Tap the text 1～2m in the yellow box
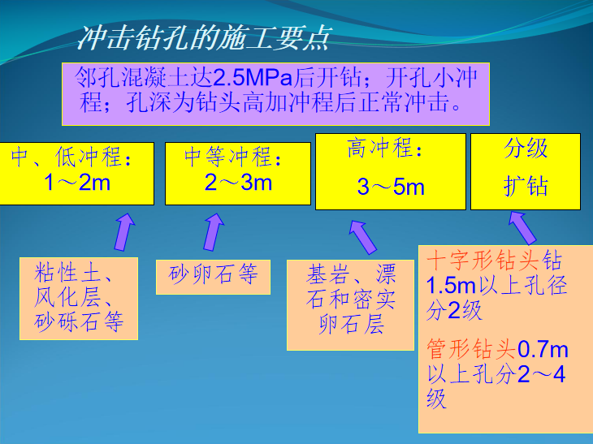coord(77,181)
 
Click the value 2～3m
coord(238,182)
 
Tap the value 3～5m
coord(391,188)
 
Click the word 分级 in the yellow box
coord(526,149)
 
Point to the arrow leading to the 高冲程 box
coord(362,236)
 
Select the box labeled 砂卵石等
coord(214,275)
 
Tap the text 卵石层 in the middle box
coord(351,326)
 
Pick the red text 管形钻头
coord(471,350)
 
